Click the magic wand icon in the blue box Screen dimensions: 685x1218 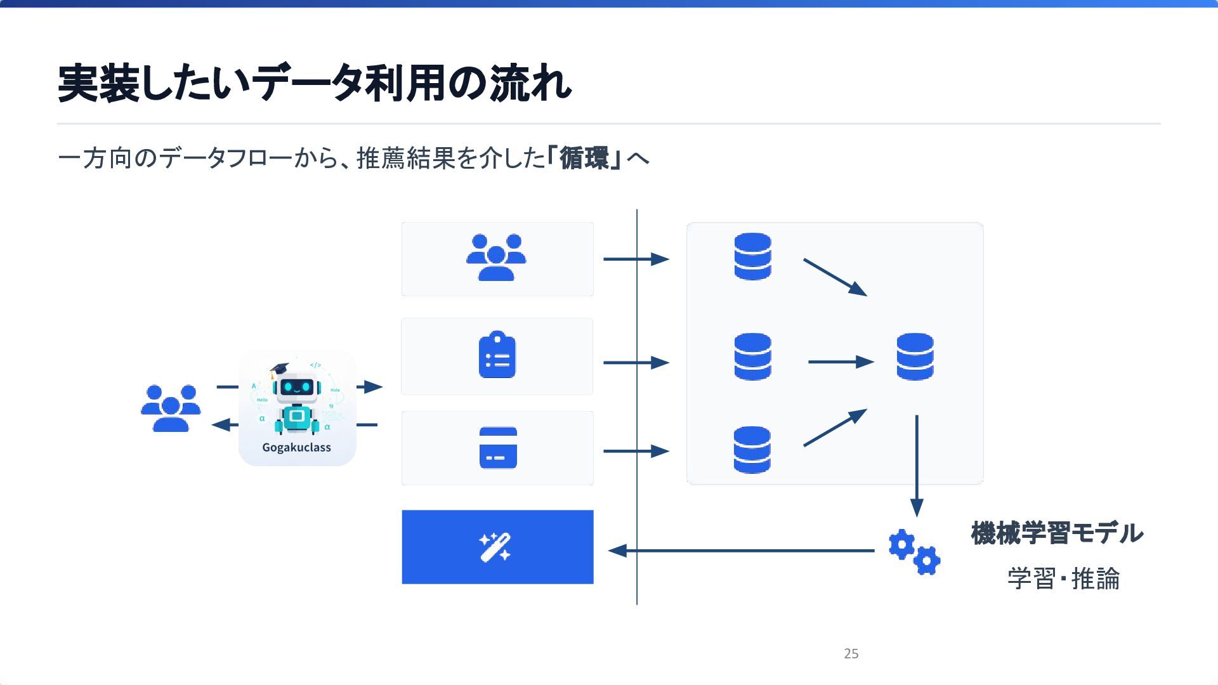click(495, 547)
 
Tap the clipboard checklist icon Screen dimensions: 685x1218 click(497, 355)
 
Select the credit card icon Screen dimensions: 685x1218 click(498, 448)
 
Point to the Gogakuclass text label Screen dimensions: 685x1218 click(296, 447)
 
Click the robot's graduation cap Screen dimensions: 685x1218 click(278, 369)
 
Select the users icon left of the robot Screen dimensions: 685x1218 click(171, 408)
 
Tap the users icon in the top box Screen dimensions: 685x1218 click(496, 257)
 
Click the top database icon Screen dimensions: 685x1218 click(752, 256)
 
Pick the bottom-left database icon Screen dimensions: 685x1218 click(752, 450)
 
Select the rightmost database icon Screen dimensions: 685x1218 click(915, 356)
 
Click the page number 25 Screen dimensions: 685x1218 click(851, 653)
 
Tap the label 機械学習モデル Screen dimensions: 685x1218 click(1057, 533)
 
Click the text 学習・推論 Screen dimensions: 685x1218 click(1063, 578)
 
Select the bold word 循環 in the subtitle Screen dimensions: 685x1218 click(584, 158)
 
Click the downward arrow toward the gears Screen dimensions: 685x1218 click(917, 466)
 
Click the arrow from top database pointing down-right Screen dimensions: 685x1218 click(834, 277)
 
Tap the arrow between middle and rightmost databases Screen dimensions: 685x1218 click(841, 362)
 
